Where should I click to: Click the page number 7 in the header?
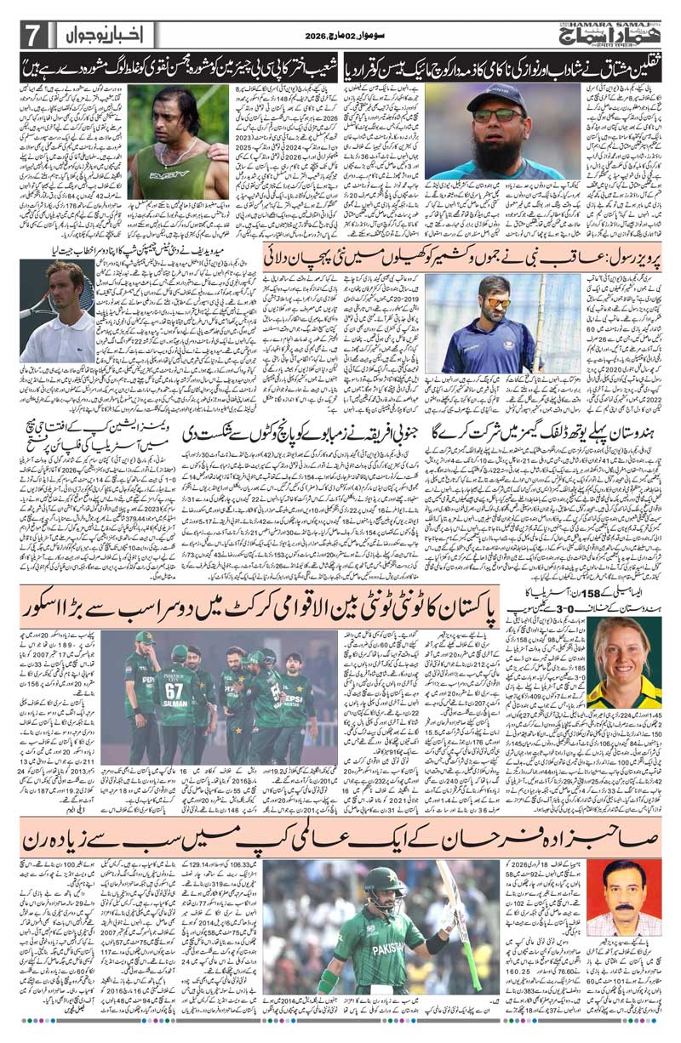click(x=31, y=36)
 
